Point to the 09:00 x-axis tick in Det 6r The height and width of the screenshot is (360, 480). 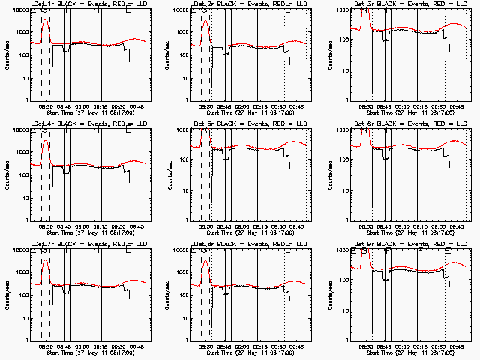pos(402,226)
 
